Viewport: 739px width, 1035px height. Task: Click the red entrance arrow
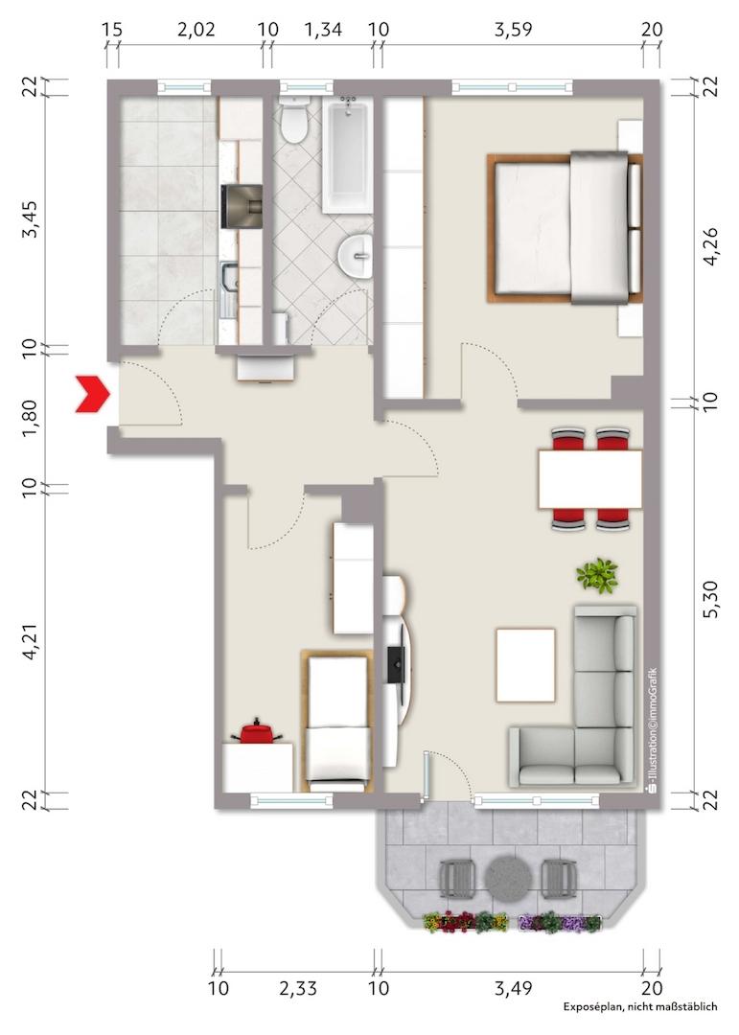(92, 394)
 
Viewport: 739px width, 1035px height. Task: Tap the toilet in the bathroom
(294, 120)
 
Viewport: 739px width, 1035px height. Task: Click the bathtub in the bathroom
(347, 154)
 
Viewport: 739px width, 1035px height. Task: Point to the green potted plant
(597, 575)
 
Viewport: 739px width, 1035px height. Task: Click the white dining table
(590, 478)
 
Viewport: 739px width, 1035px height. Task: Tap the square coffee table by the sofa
(525, 665)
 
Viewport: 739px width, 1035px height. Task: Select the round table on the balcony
(509, 879)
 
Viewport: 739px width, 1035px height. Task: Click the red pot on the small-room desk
(257, 733)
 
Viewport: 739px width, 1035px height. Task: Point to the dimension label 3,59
(513, 30)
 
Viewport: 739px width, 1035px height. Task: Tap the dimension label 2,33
(298, 988)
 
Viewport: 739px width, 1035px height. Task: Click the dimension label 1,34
(323, 30)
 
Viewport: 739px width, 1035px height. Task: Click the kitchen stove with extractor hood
(241, 207)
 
